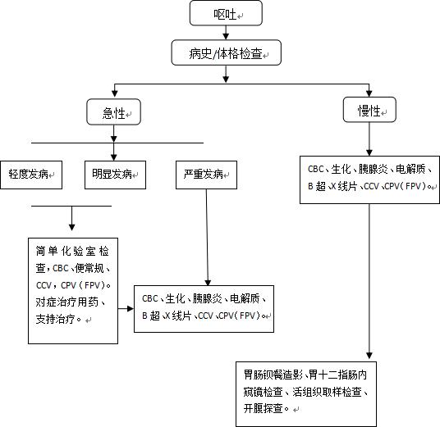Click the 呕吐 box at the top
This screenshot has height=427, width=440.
225,13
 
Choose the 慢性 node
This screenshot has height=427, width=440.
369,111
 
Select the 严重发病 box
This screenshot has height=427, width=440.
204,174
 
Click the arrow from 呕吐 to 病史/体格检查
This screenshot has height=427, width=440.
225,33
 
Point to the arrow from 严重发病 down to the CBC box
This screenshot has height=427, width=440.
206,238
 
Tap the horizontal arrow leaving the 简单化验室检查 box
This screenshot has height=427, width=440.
125,309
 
